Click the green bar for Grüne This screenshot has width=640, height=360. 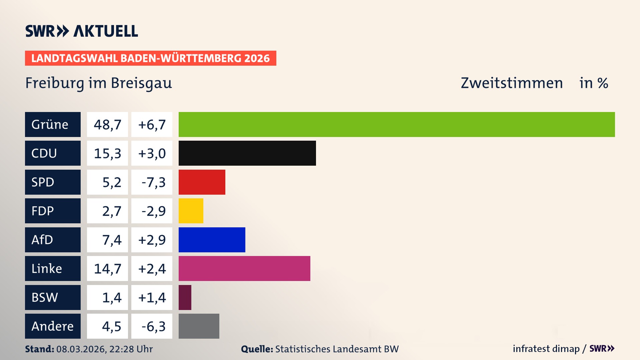click(x=397, y=124)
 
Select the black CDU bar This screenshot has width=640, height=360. click(x=247, y=153)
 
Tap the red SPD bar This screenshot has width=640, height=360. click(x=202, y=182)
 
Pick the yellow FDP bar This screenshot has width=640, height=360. click(x=191, y=211)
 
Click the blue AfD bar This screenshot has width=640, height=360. click(x=212, y=240)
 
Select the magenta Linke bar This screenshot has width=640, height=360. click(x=244, y=268)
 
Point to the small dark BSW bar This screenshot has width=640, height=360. click(x=185, y=297)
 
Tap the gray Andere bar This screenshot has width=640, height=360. click(x=199, y=326)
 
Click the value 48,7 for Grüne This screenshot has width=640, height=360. click(x=107, y=125)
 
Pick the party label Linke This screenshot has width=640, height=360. click(x=47, y=269)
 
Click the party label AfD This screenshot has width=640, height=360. click(x=42, y=240)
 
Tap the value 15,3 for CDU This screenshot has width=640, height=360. click(x=107, y=153)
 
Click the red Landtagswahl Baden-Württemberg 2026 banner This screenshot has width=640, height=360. click(x=150, y=58)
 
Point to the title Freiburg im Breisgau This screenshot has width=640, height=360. click(x=99, y=83)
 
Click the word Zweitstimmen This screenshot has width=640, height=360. click(x=512, y=83)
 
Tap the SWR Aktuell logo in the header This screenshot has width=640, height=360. click(x=82, y=31)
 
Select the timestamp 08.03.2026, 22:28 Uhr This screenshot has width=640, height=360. click(x=104, y=349)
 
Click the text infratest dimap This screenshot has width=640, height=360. click(x=546, y=349)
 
